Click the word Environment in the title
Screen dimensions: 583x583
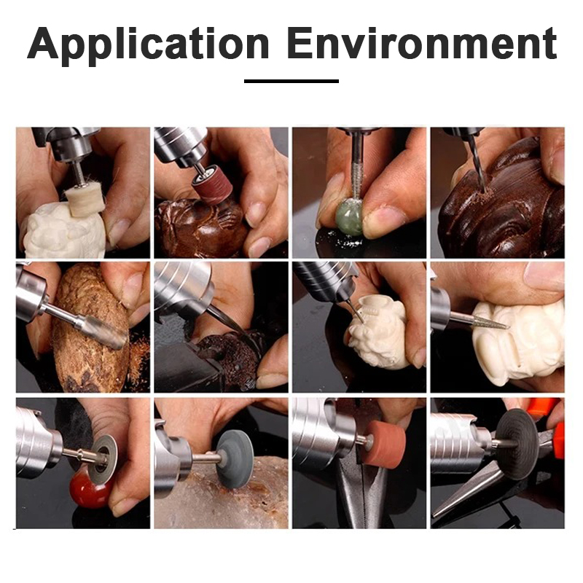[x=422, y=43]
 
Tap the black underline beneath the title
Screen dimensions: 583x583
[x=291, y=81]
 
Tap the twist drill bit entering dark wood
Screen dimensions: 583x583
[x=477, y=163]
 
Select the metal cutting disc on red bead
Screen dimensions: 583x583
[x=103, y=459]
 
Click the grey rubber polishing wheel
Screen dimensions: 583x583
[x=235, y=458]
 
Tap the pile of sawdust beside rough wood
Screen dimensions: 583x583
[x=138, y=358]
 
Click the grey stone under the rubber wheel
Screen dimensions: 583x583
[x=222, y=494]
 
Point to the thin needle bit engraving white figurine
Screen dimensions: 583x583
[x=355, y=310]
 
